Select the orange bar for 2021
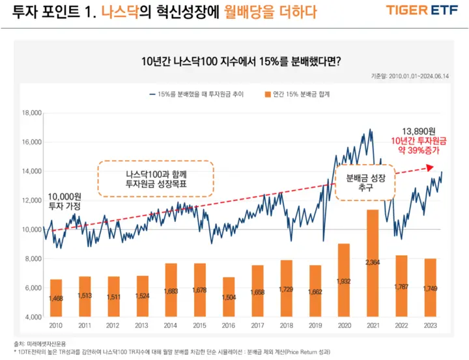[373, 263]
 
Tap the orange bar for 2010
[56, 298]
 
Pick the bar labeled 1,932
[343, 280]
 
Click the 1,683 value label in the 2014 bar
[171, 291]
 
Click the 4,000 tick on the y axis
[33, 316]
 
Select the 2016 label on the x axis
[228, 326]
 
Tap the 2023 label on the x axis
[429, 326]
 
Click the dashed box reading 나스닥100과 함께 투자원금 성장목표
[156, 179]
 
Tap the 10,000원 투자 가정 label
[64, 201]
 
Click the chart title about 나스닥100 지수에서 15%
[241, 62]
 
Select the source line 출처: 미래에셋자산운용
[40, 342]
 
